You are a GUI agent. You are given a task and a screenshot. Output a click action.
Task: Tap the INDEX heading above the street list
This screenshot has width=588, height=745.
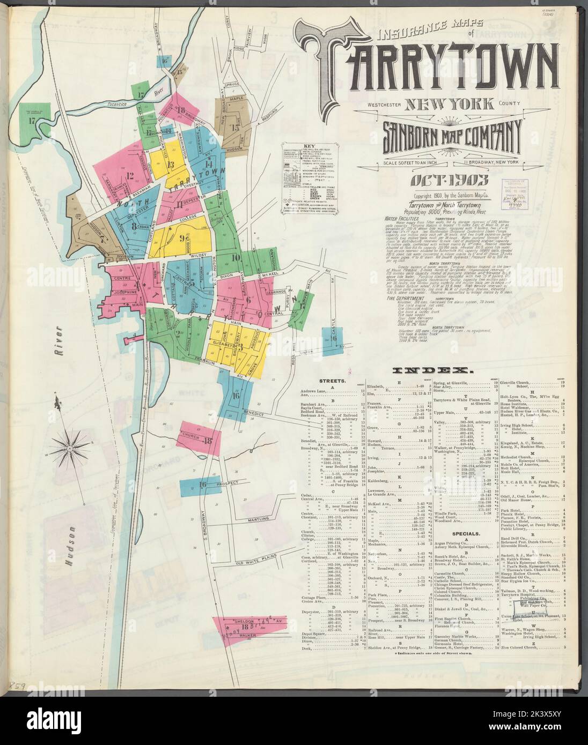[432, 370]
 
